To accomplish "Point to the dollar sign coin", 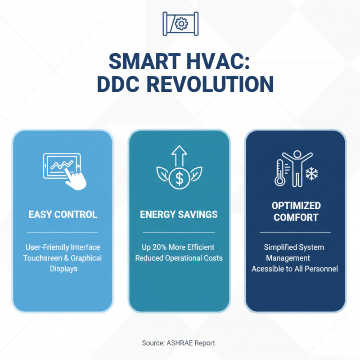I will point(179,179).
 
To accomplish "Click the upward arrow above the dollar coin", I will point(179,155).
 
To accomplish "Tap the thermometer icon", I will point(280,173).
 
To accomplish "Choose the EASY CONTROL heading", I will point(63,214).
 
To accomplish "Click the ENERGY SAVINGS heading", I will point(179,214).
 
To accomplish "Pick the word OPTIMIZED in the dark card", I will point(296,206).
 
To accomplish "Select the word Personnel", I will point(319,269).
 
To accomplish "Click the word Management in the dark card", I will point(288,258).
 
